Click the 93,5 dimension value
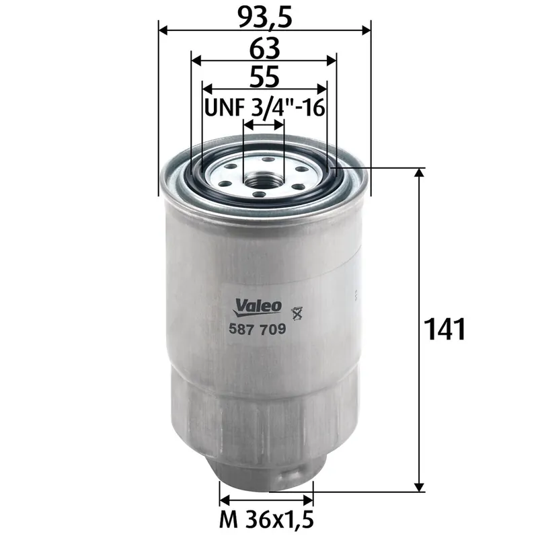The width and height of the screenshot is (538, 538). (x=264, y=16)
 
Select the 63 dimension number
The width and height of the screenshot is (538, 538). (x=264, y=48)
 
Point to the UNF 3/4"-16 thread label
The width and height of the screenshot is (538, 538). (x=264, y=108)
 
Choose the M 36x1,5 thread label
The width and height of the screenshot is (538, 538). (x=267, y=519)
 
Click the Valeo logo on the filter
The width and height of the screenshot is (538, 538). (x=258, y=306)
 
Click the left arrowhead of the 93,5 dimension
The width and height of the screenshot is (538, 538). (x=163, y=30)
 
